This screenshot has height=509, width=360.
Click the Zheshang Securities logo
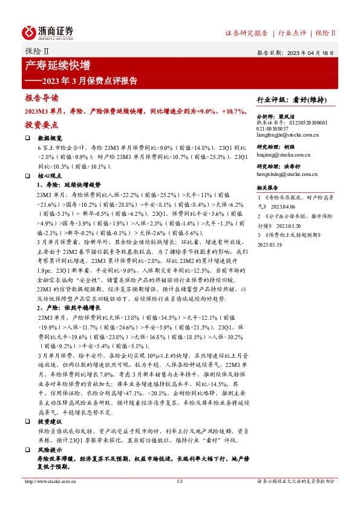(x=48, y=31)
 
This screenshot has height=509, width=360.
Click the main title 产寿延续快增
(x=57, y=65)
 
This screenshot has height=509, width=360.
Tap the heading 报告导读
(x=42, y=98)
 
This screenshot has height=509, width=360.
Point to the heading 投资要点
(x=42, y=125)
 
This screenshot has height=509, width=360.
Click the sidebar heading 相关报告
(x=268, y=188)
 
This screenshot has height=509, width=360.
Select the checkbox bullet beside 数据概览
(x=27, y=138)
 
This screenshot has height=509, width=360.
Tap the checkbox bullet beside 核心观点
(x=27, y=175)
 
